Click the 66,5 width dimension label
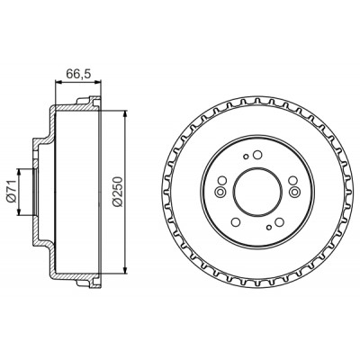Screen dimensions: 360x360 point(78,74)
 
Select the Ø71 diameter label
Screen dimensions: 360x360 point(12,193)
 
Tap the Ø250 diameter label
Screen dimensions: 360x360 point(118,192)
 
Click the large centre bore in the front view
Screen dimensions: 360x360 point(258,192)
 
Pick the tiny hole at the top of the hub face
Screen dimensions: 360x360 point(246,157)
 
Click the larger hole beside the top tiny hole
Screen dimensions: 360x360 point(257,155)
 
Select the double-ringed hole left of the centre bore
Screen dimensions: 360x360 point(221,192)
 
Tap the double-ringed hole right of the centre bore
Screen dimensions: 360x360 point(295,192)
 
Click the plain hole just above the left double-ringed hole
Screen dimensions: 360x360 point(222,181)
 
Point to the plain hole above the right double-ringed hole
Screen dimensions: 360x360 point(293,181)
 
